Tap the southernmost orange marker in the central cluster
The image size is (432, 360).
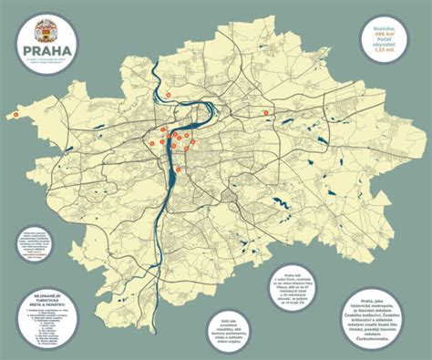pyautogui.click(x=179, y=169)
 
